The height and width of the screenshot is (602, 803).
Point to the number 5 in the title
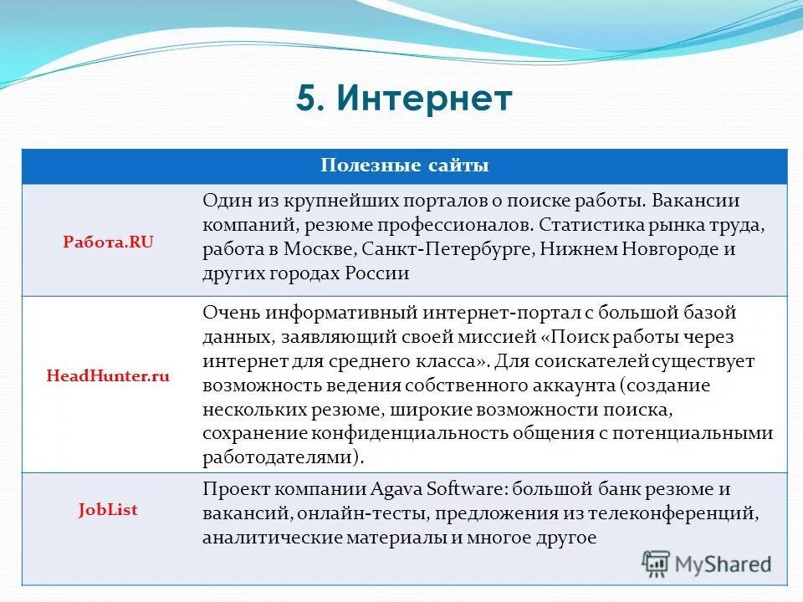[307, 99]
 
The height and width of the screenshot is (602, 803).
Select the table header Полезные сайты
[405, 166]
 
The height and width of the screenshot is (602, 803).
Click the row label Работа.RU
[109, 241]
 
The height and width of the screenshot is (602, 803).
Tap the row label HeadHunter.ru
[108, 376]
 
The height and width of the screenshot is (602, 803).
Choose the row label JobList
[109, 508]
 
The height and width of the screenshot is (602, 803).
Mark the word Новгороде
[662, 249]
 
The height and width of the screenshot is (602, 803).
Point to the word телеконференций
[688, 513]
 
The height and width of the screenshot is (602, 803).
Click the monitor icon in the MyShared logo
[656, 564]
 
